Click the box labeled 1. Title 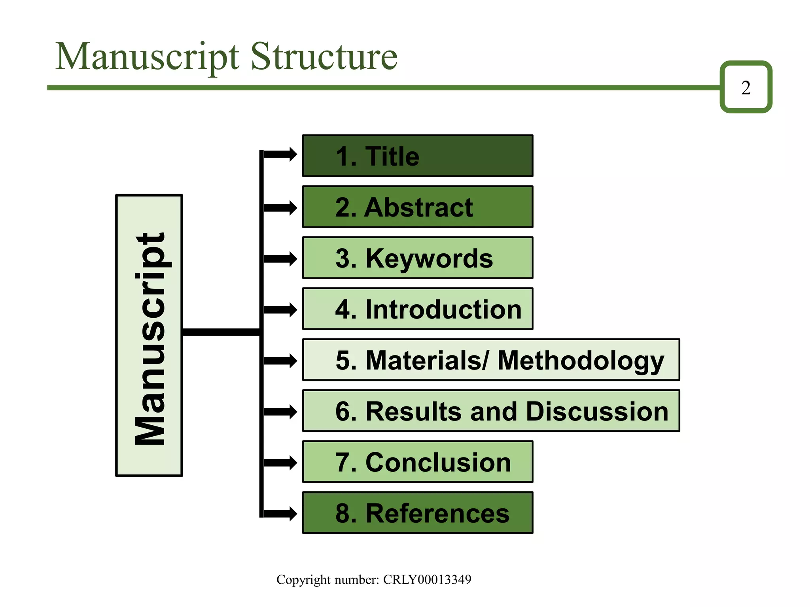tap(417, 156)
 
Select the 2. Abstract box tap(417, 207)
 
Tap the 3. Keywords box tap(417, 258)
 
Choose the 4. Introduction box tap(417, 309)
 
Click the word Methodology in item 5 tap(580, 360)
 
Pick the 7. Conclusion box tap(417, 462)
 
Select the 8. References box tap(417, 513)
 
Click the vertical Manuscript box tap(149, 336)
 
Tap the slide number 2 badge tap(746, 87)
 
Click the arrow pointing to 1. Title tap(280, 154)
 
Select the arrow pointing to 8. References tap(280, 513)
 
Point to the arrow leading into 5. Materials tap(280, 360)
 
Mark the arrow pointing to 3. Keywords tap(280, 259)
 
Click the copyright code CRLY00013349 tap(427, 579)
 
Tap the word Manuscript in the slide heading tap(147, 57)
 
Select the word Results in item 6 tap(413, 411)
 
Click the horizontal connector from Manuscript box tap(221, 332)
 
